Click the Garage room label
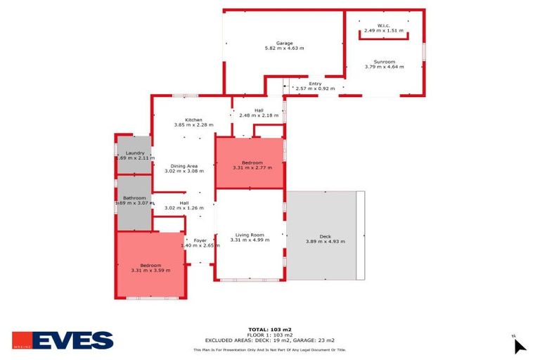(x=284, y=43)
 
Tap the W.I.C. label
(x=384, y=25)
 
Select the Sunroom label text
(x=385, y=61)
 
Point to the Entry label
(x=314, y=84)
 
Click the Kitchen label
(x=193, y=120)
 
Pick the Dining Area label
(x=184, y=166)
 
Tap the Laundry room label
(x=135, y=153)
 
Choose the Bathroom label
(x=134, y=198)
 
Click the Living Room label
(x=250, y=235)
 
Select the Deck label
(x=325, y=236)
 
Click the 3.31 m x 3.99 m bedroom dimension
(x=151, y=270)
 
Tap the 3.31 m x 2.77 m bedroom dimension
(x=252, y=167)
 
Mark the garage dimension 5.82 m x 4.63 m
(x=284, y=48)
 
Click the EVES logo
(x=63, y=341)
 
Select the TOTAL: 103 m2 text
(x=270, y=329)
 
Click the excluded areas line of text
(x=270, y=340)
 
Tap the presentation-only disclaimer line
(x=270, y=349)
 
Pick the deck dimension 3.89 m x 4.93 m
(x=325, y=241)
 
